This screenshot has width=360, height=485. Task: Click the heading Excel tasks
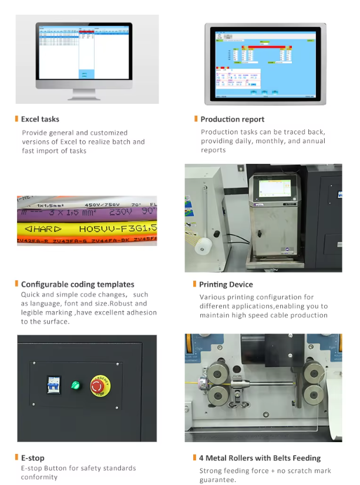[x=40, y=119]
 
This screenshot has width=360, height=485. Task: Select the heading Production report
[x=233, y=119]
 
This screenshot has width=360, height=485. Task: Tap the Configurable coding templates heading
[x=78, y=284]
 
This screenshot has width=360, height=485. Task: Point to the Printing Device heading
[x=226, y=284]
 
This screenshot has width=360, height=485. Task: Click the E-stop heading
[x=32, y=457]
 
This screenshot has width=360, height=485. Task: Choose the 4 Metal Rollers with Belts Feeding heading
[x=260, y=457]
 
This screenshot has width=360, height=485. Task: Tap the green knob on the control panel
[x=75, y=385]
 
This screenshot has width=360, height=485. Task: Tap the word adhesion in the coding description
[x=140, y=312]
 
